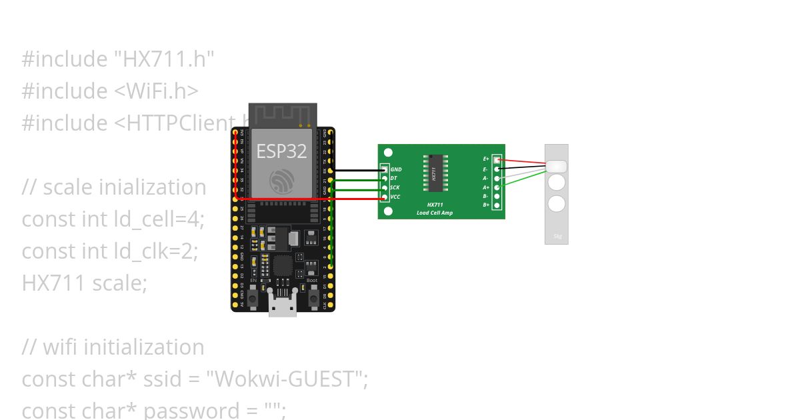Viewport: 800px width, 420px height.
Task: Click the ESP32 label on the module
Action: pyautogui.click(x=281, y=151)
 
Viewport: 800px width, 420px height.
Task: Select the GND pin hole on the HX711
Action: pyautogui.click(x=384, y=170)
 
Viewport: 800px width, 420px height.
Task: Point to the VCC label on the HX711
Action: pyautogui.click(x=395, y=197)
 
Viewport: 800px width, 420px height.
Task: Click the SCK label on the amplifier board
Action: pyautogui.click(x=395, y=188)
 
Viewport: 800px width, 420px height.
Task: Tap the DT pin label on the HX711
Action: pyautogui.click(x=394, y=179)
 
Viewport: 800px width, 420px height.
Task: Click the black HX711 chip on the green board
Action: pyautogui.click(x=433, y=174)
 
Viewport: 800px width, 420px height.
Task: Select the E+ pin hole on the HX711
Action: pyautogui.click(x=497, y=160)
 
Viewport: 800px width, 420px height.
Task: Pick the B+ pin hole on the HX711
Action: pyautogui.click(x=497, y=205)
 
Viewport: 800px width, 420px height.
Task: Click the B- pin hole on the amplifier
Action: pyautogui.click(x=497, y=196)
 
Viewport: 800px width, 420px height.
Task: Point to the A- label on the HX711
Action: pyautogui.click(x=485, y=179)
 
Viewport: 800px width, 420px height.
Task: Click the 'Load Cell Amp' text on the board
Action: pyautogui.click(x=435, y=213)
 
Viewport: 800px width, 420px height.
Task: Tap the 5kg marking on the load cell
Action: pyautogui.click(x=557, y=236)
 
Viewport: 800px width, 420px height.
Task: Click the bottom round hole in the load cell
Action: pyautogui.click(x=557, y=203)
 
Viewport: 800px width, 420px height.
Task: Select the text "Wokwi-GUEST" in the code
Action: pyautogui.click(x=287, y=379)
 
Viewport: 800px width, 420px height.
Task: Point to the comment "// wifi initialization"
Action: pyautogui.click(x=113, y=347)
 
